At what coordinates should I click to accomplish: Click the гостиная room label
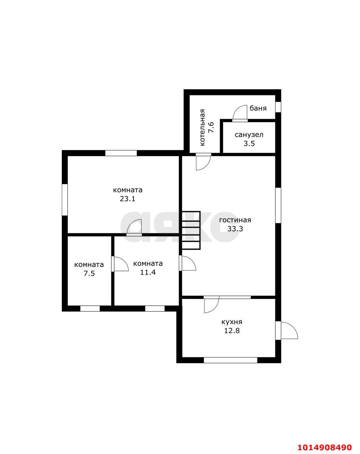tap(235, 220)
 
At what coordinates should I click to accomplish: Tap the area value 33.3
tap(235, 229)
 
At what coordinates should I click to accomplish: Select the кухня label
tap(231, 322)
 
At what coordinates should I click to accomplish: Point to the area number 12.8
tap(232, 331)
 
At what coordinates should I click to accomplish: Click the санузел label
tap(249, 135)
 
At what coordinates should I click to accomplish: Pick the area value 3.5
tap(249, 144)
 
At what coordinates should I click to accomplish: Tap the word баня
tap(258, 108)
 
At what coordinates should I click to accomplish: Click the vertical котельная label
tap(202, 128)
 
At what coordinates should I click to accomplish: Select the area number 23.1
tap(127, 199)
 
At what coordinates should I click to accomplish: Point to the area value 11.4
tap(148, 272)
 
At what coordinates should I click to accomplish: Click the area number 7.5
tap(89, 273)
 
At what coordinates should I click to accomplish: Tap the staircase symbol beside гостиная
tap(191, 230)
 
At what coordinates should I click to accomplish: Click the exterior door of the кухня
tap(287, 331)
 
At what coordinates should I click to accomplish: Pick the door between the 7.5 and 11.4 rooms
tap(120, 264)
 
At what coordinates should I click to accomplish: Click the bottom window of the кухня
tap(230, 360)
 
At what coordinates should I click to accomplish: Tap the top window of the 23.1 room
tap(121, 153)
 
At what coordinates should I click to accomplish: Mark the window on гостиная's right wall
tap(278, 205)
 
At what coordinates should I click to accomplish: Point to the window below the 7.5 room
tap(90, 309)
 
